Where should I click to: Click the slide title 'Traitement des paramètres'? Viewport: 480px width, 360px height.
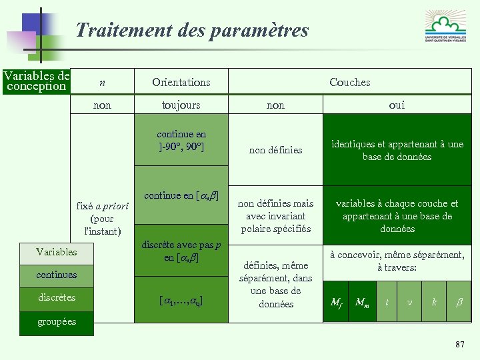pyautogui.click(x=192, y=31)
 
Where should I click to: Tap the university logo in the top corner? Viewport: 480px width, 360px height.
pyautogui.click(x=446, y=27)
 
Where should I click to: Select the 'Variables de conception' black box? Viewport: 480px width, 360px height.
pyautogui.click(x=36, y=81)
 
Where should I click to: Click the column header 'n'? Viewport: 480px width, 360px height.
pyautogui.click(x=102, y=83)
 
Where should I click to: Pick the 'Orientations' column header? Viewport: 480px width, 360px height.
pyautogui.click(x=181, y=83)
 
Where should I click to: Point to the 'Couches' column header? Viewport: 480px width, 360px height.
pyautogui.click(x=349, y=83)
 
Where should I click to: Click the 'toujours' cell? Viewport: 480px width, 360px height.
pyautogui.click(x=181, y=105)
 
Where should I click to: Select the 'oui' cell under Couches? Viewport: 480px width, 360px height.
pyautogui.click(x=397, y=105)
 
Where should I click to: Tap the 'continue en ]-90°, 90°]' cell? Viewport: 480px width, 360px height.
pyautogui.click(x=181, y=140)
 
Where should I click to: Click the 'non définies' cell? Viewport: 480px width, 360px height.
pyautogui.click(x=275, y=151)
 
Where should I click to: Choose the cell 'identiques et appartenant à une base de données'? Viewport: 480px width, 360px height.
pyautogui.click(x=397, y=151)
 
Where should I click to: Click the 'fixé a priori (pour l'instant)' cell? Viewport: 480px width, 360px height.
pyautogui.click(x=102, y=219)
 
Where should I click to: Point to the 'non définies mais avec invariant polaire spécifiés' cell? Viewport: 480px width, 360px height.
pyautogui.click(x=275, y=216)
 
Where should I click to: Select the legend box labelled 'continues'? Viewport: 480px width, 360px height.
pyautogui.click(x=57, y=275)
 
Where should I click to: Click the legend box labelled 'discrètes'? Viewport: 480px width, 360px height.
pyautogui.click(x=57, y=298)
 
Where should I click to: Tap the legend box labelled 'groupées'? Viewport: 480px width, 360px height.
pyautogui.click(x=57, y=322)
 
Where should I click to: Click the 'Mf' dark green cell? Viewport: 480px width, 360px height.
pyautogui.click(x=337, y=302)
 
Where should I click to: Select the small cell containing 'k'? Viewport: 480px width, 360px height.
pyautogui.click(x=435, y=302)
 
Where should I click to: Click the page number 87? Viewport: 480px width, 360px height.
pyautogui.click(x=459, y=344)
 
